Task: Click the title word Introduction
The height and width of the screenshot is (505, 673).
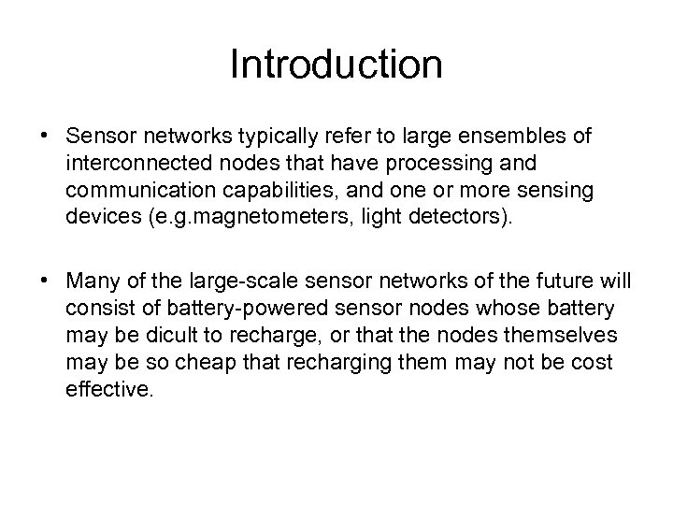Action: pyautogui.click(x=336, y=65)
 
